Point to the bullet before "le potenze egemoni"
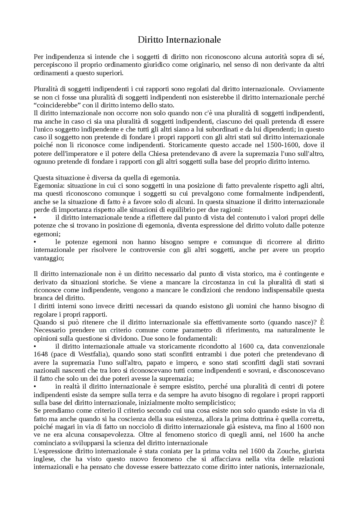click(x=35, y=242)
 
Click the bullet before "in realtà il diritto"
click(x=35, y=387)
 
